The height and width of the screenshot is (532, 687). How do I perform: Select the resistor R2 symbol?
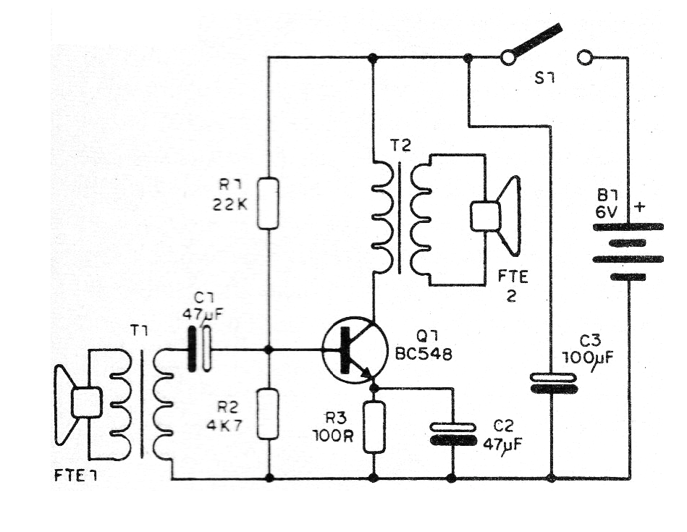[268, 413]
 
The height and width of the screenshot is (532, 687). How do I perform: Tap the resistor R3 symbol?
[374, 426]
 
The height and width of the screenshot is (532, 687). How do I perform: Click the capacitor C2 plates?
[453, 434]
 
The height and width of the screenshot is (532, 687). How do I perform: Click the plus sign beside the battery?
[639, 207]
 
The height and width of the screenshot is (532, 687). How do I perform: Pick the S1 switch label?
[544, 77]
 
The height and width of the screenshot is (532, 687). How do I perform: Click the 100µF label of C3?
[586, 357]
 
